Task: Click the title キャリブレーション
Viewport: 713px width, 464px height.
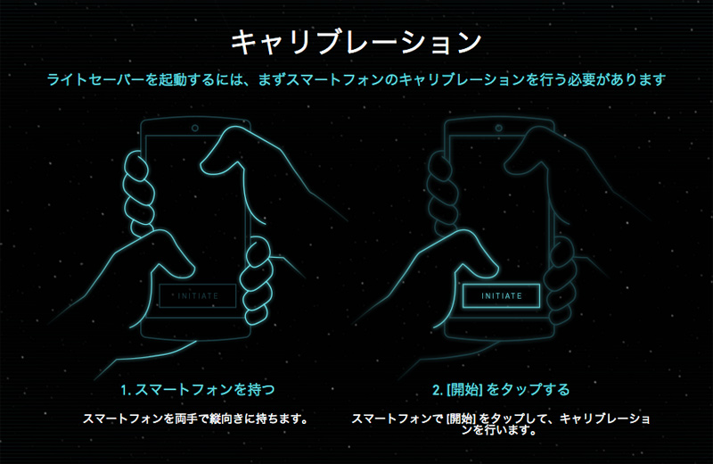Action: pos(356,41)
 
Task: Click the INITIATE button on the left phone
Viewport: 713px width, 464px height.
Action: pos(198,295)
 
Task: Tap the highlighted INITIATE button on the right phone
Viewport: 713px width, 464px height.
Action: pos(502,295)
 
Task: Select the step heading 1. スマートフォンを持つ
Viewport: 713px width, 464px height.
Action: pos(197,390)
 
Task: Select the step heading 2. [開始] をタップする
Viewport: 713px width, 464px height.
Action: pos(501,390)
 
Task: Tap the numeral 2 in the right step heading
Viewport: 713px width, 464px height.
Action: pos(436,390)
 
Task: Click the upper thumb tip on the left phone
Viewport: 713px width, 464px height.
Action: pos(208,162)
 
